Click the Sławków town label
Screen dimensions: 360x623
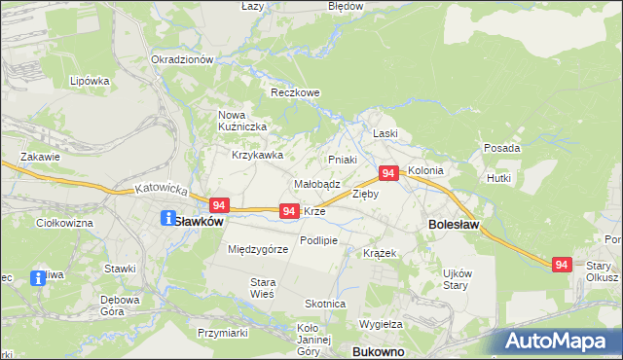(x=199, y=221)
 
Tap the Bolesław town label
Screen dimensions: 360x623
(x=453, y=225)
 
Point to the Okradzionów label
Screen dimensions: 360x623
(x=182, y=59)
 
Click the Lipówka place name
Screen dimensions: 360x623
(x=90, y=82)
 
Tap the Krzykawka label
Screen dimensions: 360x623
(x=257, y=155)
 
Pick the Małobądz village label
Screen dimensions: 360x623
(x=316, y=183)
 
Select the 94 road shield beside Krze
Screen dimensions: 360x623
(x=288, y=211)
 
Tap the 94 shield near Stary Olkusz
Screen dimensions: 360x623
(x=561, y=265)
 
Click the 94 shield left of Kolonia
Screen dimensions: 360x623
(x=387, y=173)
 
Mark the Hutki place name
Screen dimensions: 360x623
(x=499, y=179)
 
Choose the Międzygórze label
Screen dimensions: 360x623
(x=258, y=249)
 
